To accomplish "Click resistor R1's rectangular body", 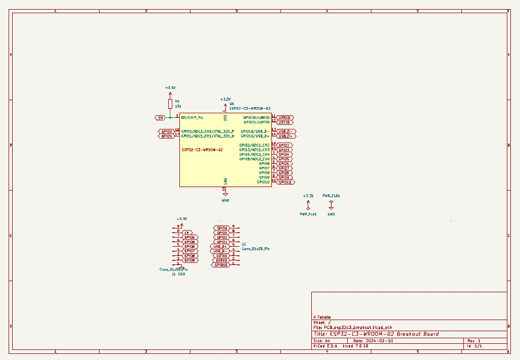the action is [x=170, y=104].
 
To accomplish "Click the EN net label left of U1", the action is [x=160, y=118].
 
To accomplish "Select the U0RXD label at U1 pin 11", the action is [x=285, y=117].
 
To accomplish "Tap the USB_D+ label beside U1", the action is [x=286, y=136].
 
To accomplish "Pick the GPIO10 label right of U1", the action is [x=286, y=182].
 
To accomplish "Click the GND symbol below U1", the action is [x=225, y=194].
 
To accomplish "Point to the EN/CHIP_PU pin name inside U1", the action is [x=192, y=118].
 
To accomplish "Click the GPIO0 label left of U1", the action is [x=166, y=131].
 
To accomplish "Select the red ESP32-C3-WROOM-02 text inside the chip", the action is [x=202, y=150].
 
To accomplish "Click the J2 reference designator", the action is [x=244, y=244].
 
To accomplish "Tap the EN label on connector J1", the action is [x=187, y=233].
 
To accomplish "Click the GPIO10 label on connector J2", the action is [x=221, y=265].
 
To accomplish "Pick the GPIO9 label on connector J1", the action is [x=190, y=260].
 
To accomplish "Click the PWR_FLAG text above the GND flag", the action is [x=331, y=195].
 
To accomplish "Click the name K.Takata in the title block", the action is [x=322, y=317].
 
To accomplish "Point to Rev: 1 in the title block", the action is [x=474, y=340].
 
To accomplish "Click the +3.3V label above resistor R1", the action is [x=170, y=88].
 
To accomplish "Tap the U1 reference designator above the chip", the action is [x=232, y=103].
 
